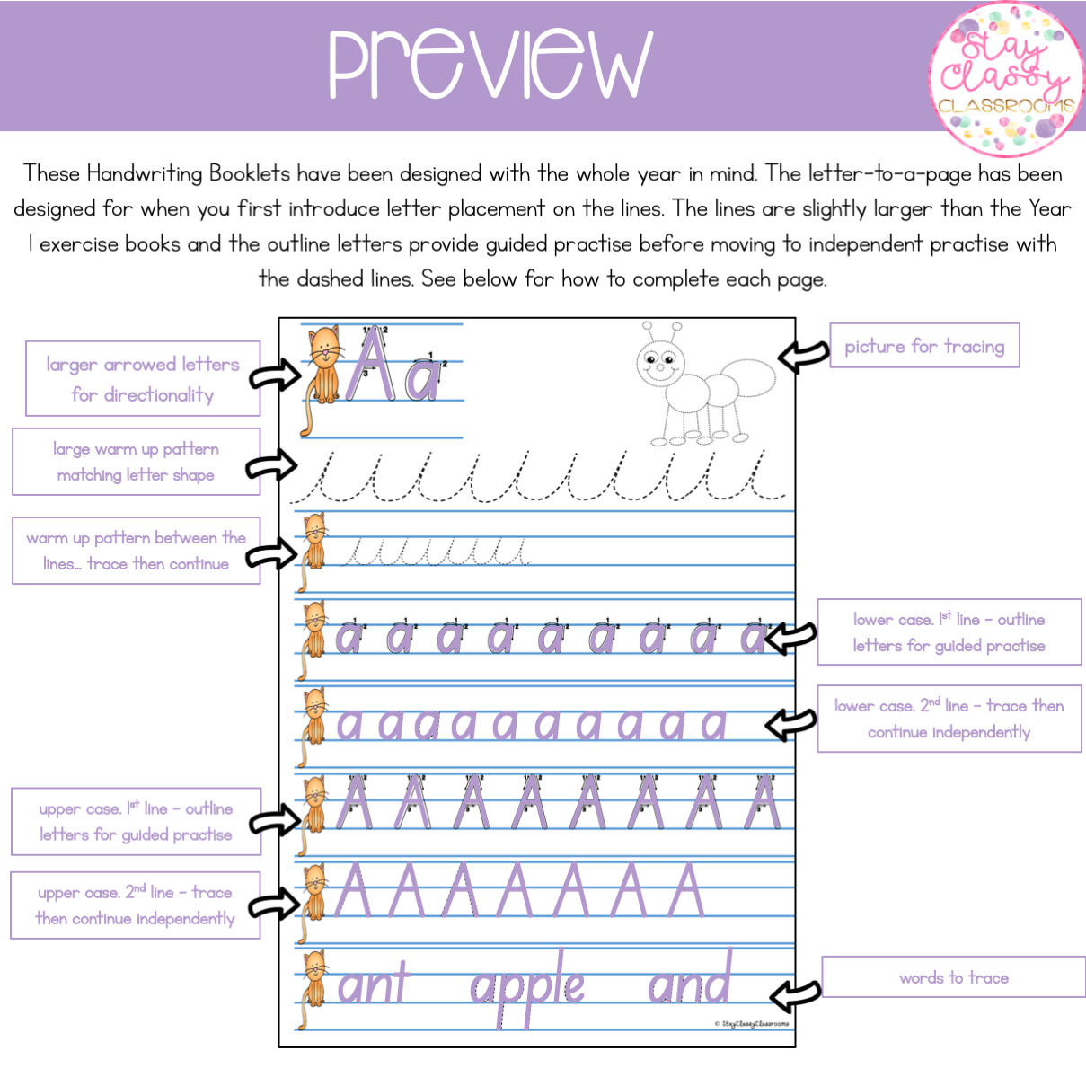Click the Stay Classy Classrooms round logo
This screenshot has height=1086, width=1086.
(1007, 79)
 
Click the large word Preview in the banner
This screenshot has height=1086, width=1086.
(490, 64)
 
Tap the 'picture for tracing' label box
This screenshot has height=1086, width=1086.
(924, 346)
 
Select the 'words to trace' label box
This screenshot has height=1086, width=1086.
(954, 976)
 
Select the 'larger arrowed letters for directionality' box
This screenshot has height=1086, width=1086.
(143, 379)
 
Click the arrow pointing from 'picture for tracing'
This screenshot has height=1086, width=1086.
(804, 356)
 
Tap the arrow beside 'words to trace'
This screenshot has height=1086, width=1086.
(795, 996)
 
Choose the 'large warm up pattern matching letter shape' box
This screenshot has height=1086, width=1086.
(137, 462)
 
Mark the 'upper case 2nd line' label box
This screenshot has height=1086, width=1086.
(136, 905)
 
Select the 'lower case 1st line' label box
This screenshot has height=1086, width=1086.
(949, 632)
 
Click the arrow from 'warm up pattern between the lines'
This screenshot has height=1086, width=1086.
(271, 552)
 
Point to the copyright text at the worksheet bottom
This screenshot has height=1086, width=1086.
(751, 1024)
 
